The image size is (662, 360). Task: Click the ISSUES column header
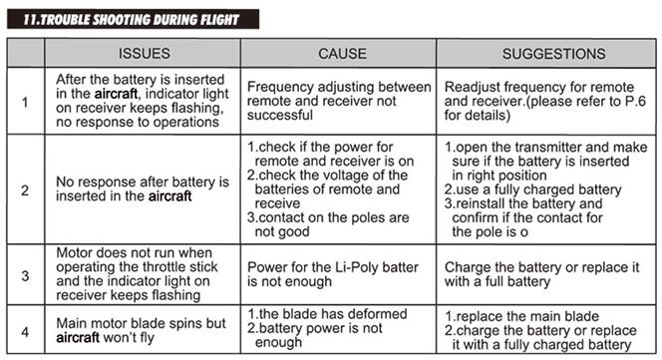[x=144, y=54]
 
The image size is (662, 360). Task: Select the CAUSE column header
[x=342, y=54]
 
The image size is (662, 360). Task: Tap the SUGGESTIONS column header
[x=553, y=54]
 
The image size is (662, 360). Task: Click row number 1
[x=25, y=102]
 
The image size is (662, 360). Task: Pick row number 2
[x=25, y=190]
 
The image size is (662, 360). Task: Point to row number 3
[x=25, y=275]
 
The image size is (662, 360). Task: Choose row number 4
[x=25, y=332]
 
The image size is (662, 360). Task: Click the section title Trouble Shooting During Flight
[x=132, y=19]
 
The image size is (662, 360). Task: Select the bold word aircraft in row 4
[x=78, y=338]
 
